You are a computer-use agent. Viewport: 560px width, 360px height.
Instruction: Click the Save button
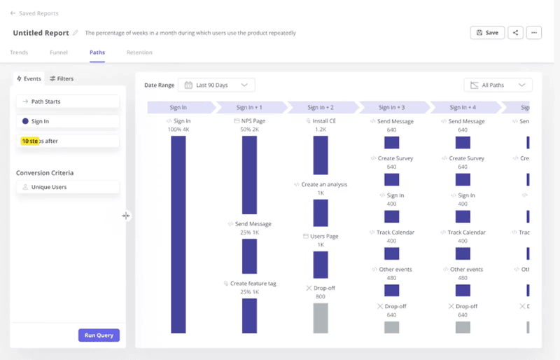pyautogui.click(x=487, y=33)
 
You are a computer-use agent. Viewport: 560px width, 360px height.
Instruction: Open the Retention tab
pyautogui.click(x=139, y=53)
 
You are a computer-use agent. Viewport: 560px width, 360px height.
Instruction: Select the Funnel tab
pyautogui.click(x=59, y=53)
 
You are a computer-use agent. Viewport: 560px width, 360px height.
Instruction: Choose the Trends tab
pyautogui.click(x=19, y=53)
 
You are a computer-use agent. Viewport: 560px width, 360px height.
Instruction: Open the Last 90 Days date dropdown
pyautogui.click(x=216, y=85)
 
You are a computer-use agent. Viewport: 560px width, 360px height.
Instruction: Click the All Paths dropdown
pyautogui.click(x=498, y=85)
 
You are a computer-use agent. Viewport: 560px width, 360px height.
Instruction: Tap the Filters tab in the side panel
pyautogui.click(x=62, y=79)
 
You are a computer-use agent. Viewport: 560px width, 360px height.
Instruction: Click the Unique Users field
pyautogui.click(x=68, y=187)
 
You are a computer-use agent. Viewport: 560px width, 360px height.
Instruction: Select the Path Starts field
pyautogui.click(x=68, y=102)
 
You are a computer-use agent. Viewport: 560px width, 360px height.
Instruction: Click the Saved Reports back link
pyautogui.click(x=34, y=13)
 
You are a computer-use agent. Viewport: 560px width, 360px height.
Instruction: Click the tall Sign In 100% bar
pyautogui.click(x=178, y=234)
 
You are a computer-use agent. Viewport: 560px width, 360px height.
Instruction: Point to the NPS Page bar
pyautogui.click(x=249, y=174)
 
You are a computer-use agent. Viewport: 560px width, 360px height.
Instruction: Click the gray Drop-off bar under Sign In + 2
pyautogui.click(x=321, y=317)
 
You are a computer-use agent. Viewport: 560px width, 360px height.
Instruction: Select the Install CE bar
pyautogui.click(x=321, y=155)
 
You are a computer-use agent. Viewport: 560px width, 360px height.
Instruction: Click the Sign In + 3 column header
pyautogui.click(x=392, y=107)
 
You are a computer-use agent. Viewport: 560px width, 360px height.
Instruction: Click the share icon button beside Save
pyautogui.click(x=515, y=33)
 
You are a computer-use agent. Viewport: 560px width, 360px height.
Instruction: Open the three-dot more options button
pyautogui.click(x=534, y=33)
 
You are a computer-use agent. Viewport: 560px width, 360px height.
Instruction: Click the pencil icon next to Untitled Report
pyautogui.click(x=76, y=33)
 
